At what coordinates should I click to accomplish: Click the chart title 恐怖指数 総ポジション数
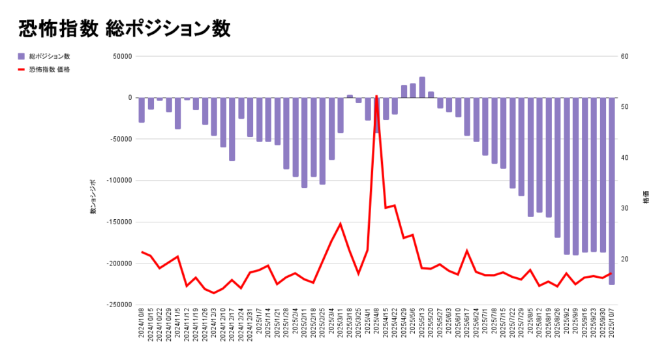pyautogui.click(x=124, y=28)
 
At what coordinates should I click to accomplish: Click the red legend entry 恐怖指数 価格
pyautogui.click(x=49, y=69)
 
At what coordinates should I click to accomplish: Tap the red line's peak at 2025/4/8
pyautogui.click(x=376, y=96)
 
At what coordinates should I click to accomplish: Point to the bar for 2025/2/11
pyautogui.click(x=305, y=142)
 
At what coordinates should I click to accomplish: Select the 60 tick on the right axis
pyautogui.click(x=624, y=57)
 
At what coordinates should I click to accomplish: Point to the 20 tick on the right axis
pyautogui.click(x=624, y=260)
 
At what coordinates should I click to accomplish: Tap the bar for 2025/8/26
pyautogui.click(x=558, y=168)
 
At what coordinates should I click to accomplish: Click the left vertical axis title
pyautogui.click(x=93, y=197)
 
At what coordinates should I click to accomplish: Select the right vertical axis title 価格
pyautogui.click(x=646, y=198)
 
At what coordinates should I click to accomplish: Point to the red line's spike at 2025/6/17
pyautogui.click(x=467, y=250)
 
